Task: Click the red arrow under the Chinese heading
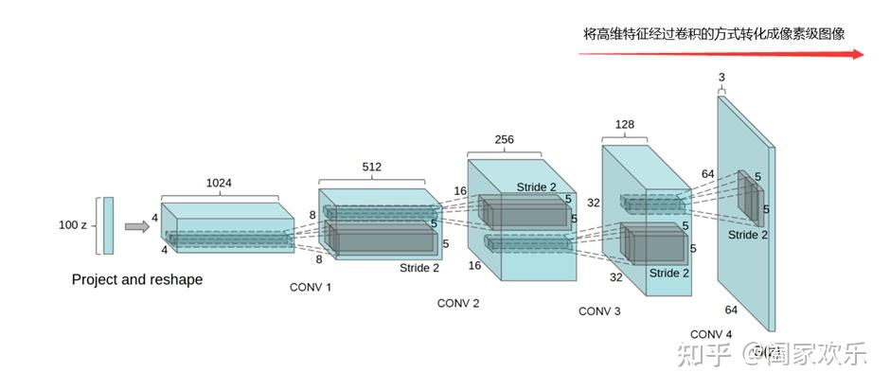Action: pyautogui.click(x=721, y=54)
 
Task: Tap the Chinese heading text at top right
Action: pyautogui.click(x=714, y=33)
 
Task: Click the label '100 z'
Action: pyautogui.click(x=74, y=225)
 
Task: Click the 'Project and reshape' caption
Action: pyautogui.click(x=137, y=280)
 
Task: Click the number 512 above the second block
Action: pyautogui.click(x=372, y=167)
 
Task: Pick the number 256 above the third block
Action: pyautogui.click(x=504, y=139)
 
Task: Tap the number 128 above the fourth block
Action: pyautogui.click(x=624, y=124)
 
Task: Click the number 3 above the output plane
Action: pyautogui.click(x=721, y=77)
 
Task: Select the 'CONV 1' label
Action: pyautogui.click(x=311, y=286)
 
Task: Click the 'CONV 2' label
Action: pyautogui.click(x=458, y=303)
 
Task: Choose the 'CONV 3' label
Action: pyautogui.click(x=599, y=310)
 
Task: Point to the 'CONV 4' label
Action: pyautogui.click(x=711, y=334)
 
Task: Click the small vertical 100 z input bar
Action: pyautogui.click(x=108, y=225)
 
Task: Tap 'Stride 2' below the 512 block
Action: pyautogui.click(x=419, y=268)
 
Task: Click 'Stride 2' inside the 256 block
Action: pyautogui.click(x=537, y=186)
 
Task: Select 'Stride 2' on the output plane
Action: pyautogui.click(x=748, y=235)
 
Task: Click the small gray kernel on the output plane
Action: pyautogui.click(x=749, y=197)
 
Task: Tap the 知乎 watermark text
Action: pyautogui.click(x=701, y=357)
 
